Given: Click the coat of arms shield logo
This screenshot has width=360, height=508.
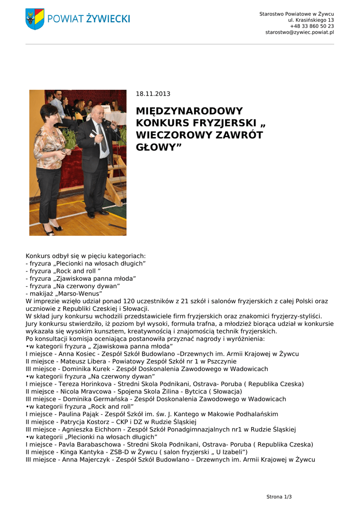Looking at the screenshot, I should click(x=35, y=19).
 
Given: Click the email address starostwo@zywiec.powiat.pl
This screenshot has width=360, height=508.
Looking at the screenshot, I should click(x=299, y=32).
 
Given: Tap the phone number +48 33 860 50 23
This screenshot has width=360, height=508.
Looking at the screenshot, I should click(x=312, y=26).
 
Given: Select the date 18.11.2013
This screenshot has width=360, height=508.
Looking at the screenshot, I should click(x=153, y=94).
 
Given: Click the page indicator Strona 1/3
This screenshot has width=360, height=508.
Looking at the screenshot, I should click(x=279, y=497).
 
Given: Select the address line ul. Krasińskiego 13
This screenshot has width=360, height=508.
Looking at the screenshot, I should click(x=311, y=20).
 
